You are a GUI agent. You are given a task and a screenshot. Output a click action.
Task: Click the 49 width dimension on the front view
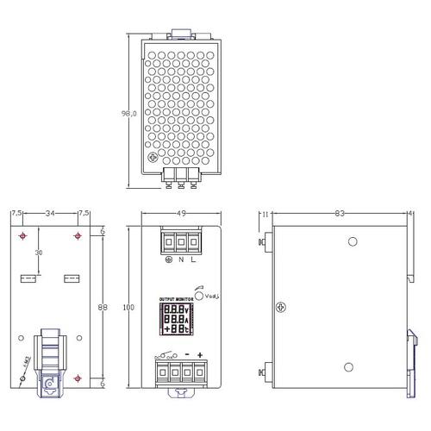click(x=179, y=214)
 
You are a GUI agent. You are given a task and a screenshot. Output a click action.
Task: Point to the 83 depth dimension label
click(x=340, y=213)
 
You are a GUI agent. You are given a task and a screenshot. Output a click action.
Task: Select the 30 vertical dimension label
click(x=37, y=253)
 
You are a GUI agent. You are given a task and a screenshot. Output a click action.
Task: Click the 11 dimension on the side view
click(x=266, y=213)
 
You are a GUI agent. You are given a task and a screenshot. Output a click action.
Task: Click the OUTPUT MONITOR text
click(x=176, y=301)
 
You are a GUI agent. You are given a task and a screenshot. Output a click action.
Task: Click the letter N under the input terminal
click(x=179, y=259)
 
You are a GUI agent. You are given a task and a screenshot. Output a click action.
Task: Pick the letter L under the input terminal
click(x=193, y=259)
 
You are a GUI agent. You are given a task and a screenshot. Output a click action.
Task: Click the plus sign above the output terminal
click(x=199, y=356)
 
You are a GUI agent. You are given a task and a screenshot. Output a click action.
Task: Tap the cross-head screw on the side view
click(x=279, y=306)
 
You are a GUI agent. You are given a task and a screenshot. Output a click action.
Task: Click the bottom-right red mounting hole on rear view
click(x=78, y=379)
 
